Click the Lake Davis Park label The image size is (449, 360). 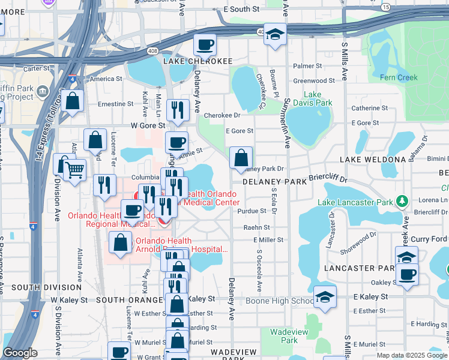coord(318,98)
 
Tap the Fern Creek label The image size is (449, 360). coord(399,77)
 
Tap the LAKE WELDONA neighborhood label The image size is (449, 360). coord(373,159)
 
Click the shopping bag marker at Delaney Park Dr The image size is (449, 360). coord(241,158)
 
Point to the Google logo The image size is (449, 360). coord(20,353)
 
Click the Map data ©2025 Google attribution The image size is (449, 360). coord(411,355)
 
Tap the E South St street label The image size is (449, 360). coord(241,10)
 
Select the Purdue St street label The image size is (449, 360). coord(252,211)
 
